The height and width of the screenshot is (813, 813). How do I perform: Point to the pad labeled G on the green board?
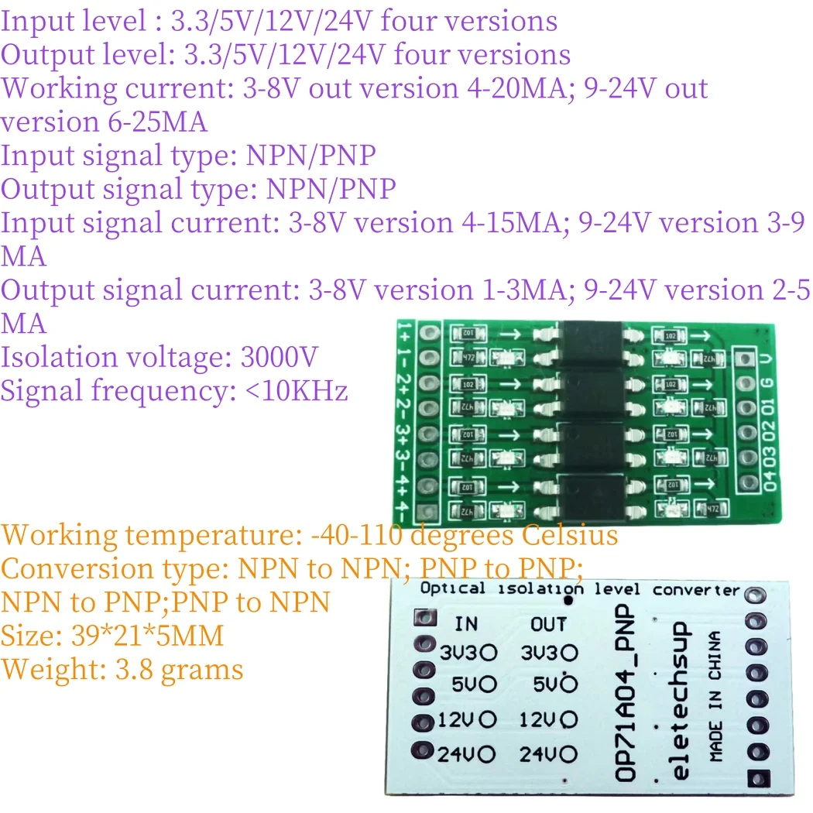pyautogui.click(x=746, y=384)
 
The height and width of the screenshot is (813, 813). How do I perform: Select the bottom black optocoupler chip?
pyautogui.click(x=593, y=498)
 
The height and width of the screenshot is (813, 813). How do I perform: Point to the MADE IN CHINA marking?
pyautogui.click(x=715, y=697)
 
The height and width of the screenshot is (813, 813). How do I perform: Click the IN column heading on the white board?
pyautogui.click(x=466, y=623)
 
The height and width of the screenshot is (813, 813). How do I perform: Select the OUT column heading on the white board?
pyautogui.click(x=548, y=623)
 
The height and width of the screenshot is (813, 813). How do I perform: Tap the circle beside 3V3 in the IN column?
pyautogui.click(x=489, y=653)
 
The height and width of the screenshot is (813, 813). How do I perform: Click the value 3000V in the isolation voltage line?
pyautogui.click(x=280, y=358)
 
